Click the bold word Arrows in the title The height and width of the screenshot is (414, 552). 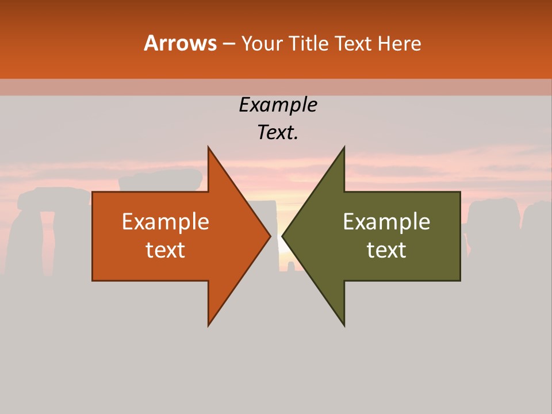180,43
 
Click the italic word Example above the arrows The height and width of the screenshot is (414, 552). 278,105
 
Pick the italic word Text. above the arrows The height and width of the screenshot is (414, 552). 278,133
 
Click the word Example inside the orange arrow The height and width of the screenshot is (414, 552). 166,222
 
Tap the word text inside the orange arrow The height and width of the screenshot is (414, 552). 166,250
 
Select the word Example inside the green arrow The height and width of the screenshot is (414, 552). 386,222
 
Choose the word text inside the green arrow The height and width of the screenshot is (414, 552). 386,250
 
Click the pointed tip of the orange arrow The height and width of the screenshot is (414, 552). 269,236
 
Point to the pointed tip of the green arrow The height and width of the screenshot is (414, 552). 283,236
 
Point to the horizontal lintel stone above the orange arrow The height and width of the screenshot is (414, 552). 160,180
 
